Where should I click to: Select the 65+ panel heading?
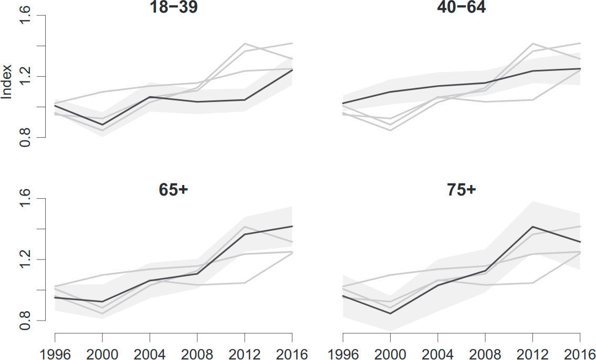173,190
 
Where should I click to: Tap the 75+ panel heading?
461,190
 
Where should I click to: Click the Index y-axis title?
7,82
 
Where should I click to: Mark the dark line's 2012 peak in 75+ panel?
532,227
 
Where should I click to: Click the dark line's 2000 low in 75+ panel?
390,313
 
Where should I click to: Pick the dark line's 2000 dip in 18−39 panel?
102,125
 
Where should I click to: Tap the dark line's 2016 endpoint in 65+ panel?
292,226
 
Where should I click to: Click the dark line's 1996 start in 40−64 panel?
343,103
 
